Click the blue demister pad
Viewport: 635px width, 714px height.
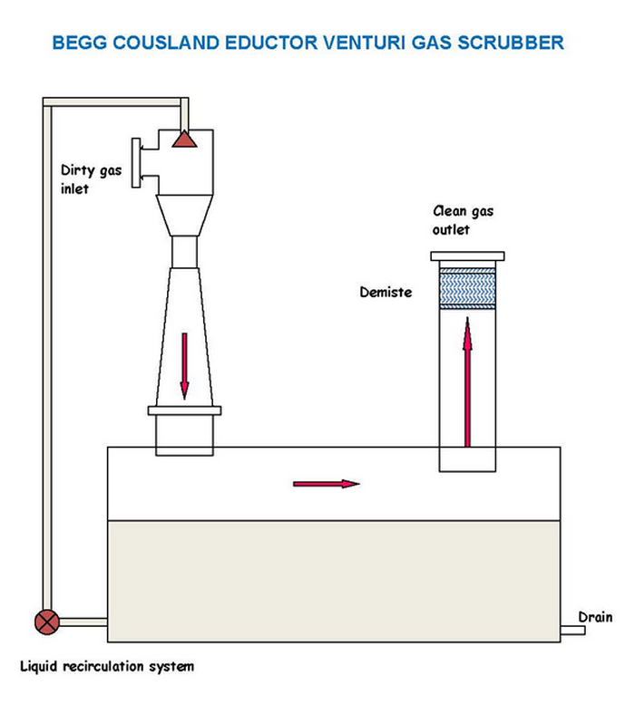468,288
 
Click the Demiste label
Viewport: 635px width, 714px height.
384,293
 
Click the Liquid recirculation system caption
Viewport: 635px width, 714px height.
107,667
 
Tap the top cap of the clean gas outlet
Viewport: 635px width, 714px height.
468,256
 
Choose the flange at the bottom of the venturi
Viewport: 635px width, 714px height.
184,411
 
